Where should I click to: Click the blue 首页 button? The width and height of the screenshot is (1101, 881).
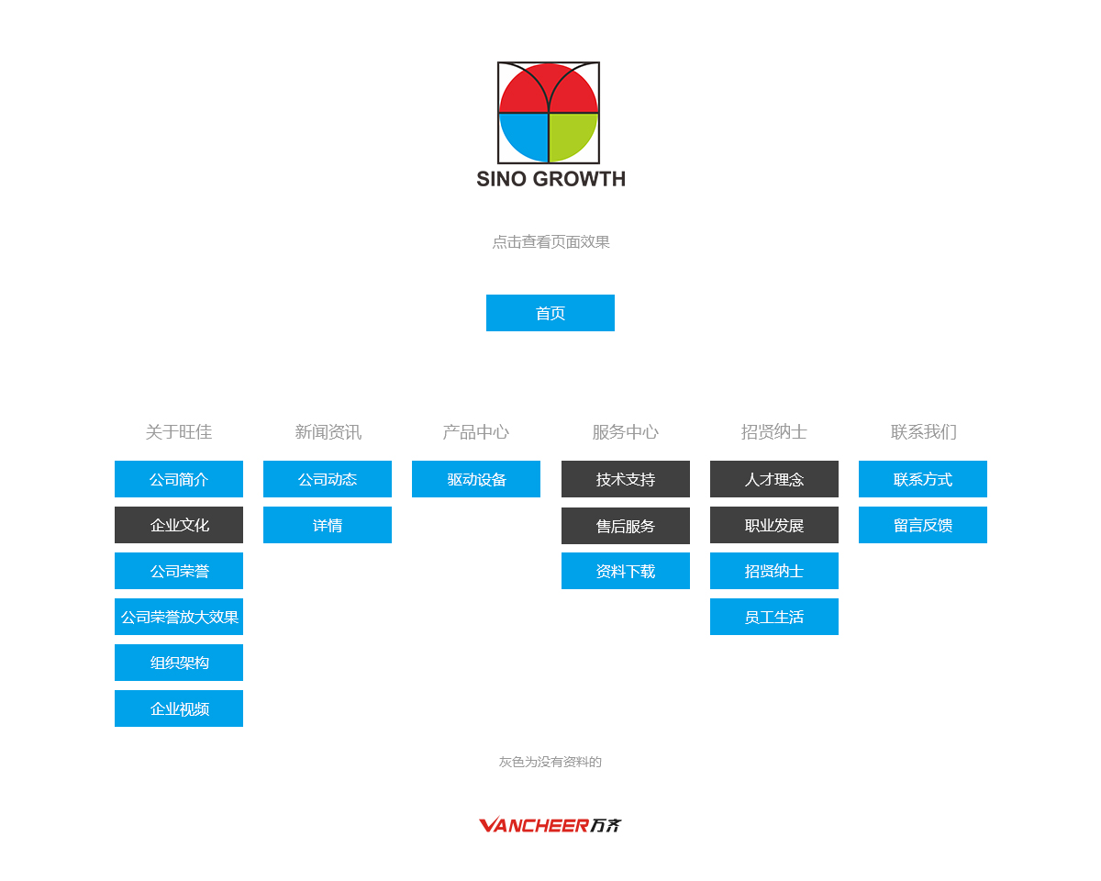[x=550, y=313]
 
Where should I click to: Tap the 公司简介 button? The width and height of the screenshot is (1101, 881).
[x=179, y=479]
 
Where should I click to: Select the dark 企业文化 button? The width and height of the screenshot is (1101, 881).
[x=179, y=525]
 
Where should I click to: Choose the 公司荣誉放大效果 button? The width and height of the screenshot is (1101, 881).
[x=179, y=617]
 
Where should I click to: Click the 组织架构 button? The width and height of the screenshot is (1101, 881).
[x=179, y=663]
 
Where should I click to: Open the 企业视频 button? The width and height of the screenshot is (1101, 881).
[x=179, y=708]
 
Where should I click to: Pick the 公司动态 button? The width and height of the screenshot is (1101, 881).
[x=328, y=479]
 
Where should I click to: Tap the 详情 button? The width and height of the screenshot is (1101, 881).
[x=328, y=525]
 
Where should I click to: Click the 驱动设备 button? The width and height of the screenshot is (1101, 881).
[x=476, y=479]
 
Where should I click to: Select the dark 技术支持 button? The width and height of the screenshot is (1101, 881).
[x=625, y=479]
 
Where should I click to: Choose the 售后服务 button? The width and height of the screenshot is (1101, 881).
[x=625, y=526]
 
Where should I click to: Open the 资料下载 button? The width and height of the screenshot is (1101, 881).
[x=625, y=571]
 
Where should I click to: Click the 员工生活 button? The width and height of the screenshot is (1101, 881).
[x=774, y=617]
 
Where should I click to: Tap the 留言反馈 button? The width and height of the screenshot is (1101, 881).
[x=922, y=525]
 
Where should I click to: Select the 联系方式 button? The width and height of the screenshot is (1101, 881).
[x=922, y=479]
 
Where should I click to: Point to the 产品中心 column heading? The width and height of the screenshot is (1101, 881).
[x=476, y=432]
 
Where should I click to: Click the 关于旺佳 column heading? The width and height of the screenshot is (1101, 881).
[x=179, y=432]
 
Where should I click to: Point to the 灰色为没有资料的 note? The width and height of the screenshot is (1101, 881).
[x=550, y=762]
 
